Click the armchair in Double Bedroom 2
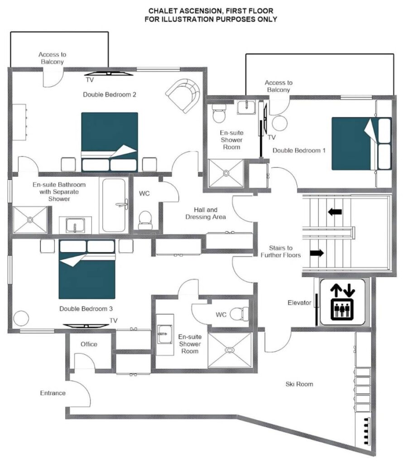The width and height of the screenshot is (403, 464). point(183,95)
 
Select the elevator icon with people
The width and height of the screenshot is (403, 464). point(342,309)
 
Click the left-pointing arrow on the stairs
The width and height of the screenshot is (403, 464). point(335,212)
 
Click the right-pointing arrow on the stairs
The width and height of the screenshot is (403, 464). point(317,253)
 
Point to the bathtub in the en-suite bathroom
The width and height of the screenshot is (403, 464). point(114,205)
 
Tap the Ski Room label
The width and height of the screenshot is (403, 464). point(299,384)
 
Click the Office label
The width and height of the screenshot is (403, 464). point(89,344)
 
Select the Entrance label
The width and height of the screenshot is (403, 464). point(53,393)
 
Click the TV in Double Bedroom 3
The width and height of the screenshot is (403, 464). point(86,326)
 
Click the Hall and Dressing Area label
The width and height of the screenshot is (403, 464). point(206,213)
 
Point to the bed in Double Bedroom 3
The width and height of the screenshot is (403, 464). point(87,269)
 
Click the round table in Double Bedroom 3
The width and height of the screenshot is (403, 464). point(21,318)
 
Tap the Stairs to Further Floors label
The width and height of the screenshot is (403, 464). point(281,251)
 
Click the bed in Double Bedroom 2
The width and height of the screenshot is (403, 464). point(110,142)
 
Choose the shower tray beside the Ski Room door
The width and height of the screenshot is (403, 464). point(230,350)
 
